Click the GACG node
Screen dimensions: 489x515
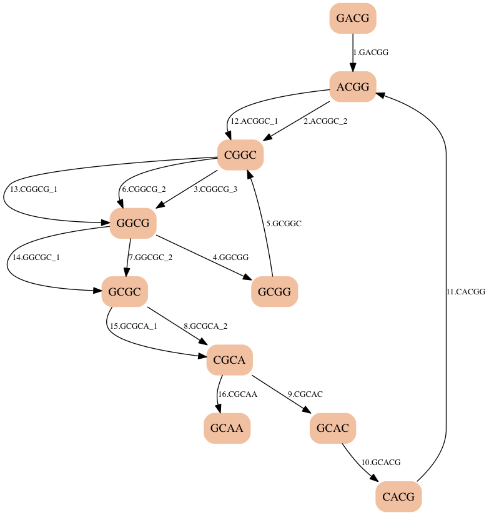353,18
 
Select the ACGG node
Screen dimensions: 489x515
353,87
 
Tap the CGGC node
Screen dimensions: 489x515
240,155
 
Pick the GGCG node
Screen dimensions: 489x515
133,223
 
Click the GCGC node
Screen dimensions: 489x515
125,292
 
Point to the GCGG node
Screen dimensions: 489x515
274,292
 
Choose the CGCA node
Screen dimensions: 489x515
229,360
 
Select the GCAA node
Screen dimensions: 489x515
227,428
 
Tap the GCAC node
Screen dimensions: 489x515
333,428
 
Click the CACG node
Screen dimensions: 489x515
398,497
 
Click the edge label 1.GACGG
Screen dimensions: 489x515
371,52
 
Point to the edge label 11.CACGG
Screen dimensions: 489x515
466,292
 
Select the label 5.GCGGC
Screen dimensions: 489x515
284,224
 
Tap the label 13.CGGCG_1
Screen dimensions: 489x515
34,189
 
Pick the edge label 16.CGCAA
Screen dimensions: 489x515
237,394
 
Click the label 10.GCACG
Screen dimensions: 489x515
381,462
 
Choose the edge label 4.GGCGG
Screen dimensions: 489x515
230,257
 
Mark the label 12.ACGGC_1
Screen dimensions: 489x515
254,121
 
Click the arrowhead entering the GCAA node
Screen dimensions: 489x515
218,409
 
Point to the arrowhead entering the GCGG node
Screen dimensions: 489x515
247,277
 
